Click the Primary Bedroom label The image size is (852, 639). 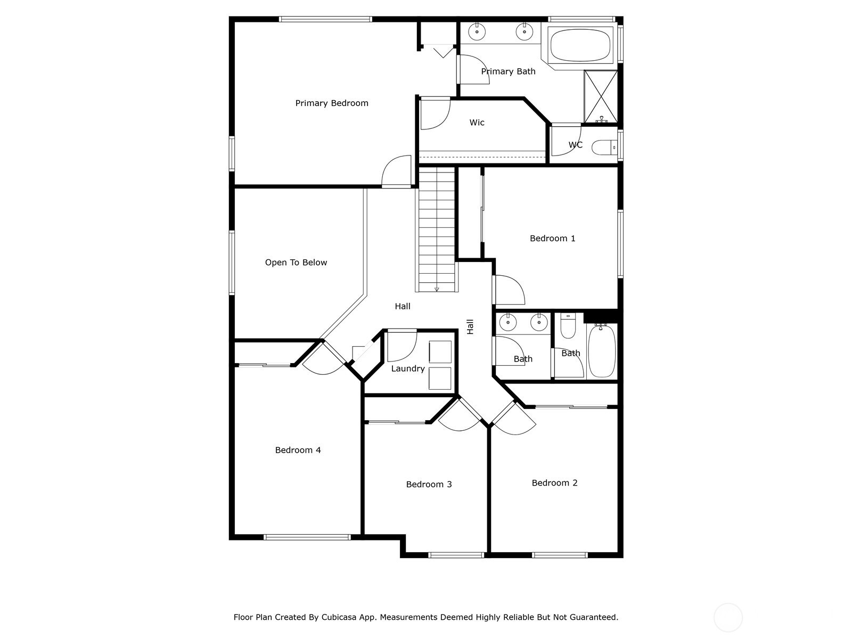[x=332, y=103]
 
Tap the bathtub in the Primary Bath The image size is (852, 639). [x=580, y=45]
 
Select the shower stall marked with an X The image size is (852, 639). [x=601, y=96]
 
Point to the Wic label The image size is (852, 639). [x=477, y=122]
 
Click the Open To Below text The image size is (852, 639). [x=296, y=263]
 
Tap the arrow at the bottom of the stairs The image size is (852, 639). [x=437, y=289]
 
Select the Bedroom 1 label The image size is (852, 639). [x=552, y=238]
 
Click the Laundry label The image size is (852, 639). [x=407, y=368]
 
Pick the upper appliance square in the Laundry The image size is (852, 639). [x=440, y=352]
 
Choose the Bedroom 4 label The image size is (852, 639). [x=298, y=450]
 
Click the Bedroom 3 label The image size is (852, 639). [x=429, y=484]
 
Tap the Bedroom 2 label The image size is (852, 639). [x=554, y=482]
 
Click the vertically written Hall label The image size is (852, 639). [x=470, y=326]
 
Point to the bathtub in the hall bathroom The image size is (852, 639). [x=602, y=351]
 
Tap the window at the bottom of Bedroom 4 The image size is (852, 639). [x=307, y=537]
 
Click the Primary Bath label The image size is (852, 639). [x=508, y=71]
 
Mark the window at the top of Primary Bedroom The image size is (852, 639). [x=325, y=19]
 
